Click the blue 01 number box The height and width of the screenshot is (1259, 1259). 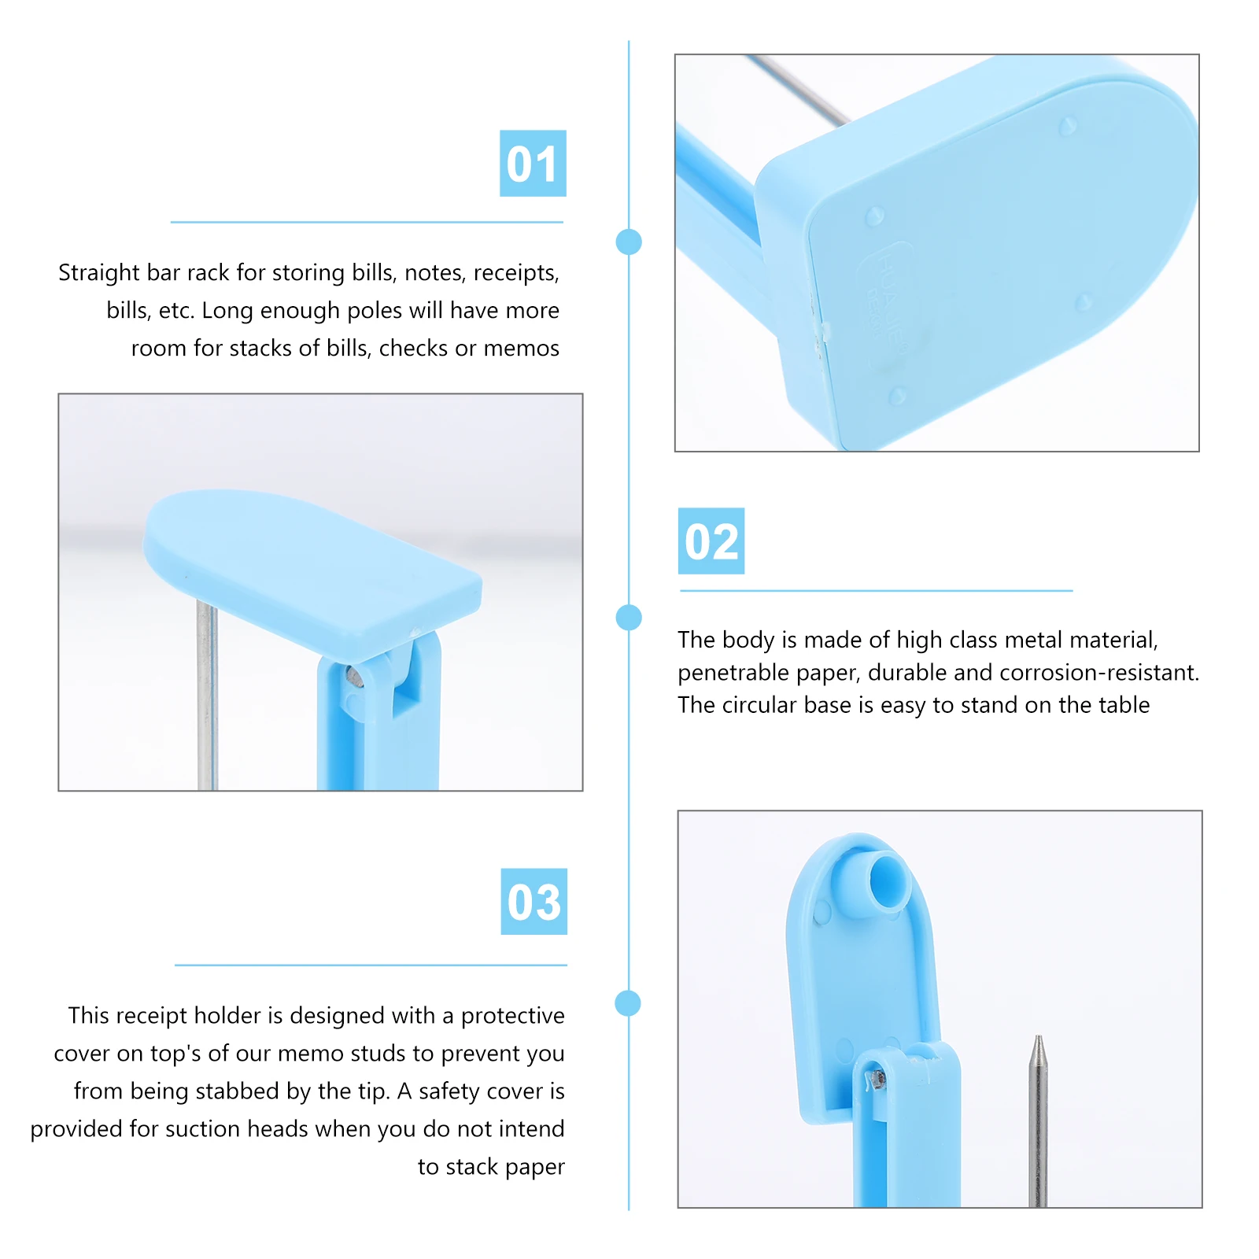(x=533, y=164)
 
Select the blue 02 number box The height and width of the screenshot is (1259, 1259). (x=711, y=541)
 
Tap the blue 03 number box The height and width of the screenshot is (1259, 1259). (x=534, y=902)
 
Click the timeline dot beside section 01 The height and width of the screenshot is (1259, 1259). (x=629, y=242)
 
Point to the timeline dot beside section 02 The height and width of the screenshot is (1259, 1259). (x=629, y=618)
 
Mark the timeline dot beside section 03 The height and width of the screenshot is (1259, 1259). (x=628, y=1003)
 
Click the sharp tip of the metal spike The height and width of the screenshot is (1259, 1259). (x=1039, y=1039)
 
